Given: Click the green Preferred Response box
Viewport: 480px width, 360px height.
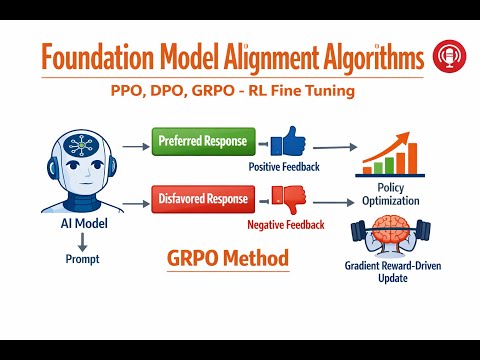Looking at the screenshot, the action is [x=204, y=141].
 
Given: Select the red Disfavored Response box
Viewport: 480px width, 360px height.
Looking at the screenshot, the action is [x=203, y=199].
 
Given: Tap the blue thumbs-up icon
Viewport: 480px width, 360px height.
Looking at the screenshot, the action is [x=288, y=141].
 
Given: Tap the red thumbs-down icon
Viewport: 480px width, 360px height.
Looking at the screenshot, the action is [x=289, y=199].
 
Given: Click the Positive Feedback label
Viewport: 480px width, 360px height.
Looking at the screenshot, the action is [x=284, y=167].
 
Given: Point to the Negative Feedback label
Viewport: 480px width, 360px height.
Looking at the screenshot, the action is [x=286, y=225].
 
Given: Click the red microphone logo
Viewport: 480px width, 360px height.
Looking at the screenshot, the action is [x=449, y=56].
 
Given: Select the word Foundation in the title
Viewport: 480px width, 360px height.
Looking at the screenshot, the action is [x=98, y=57].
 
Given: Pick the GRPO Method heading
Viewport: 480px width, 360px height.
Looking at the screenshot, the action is [x=228, y=258].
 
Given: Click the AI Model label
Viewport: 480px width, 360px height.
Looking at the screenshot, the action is [x=84, y=223].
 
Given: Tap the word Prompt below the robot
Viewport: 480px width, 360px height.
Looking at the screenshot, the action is [x=82, y=259].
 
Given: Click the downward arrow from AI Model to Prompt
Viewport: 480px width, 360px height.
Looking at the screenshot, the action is [x=82, y=242].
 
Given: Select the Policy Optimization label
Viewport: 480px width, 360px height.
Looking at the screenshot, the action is [x=391, y=194].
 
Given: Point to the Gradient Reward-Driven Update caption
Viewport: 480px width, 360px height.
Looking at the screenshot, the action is [x=393, y=272].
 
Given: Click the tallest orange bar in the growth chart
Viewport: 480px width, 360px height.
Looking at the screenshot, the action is [x=412, y=159].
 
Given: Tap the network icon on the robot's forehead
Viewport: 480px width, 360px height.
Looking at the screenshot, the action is [x=81, y=146].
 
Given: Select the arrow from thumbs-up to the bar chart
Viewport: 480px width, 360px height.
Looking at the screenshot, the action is [x=335, y=147].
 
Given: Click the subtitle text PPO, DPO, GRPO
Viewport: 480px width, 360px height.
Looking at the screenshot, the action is [x=173, y=91].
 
